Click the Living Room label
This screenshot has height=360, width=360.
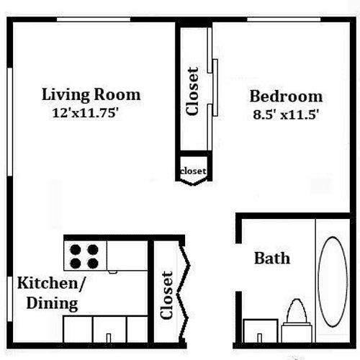pyautogui.click(x=91, y=95)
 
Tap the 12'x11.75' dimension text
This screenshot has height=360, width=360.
pyautogui.click(x=86, y=112)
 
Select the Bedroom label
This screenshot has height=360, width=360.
pyautogui.click(x=286, y=96)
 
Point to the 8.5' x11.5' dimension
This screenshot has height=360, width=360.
pyautogui.click(x=286, y=114)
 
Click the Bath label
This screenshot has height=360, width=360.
pyautogui.click(x=272, y=258)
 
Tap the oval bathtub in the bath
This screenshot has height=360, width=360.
pyautogui.click(x=333, y=282)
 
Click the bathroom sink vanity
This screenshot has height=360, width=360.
pyautogui.click(x=261, y=330)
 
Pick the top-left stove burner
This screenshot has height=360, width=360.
pyautogui.click(x=76, y=250)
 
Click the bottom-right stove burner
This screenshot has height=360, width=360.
pyautogui.click(x=93, y=264)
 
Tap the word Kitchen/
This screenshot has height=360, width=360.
pyautogui.click(x=51, y=284)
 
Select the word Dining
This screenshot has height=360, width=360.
pyautogui.click(x=52, y=304)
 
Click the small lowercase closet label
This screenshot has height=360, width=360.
pyautogui.click(x=193, y=171)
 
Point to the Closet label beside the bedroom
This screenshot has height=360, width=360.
pyautogui.click(x=192, y=91)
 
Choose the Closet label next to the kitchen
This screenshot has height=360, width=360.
pyautogui.click(x=166, y=295)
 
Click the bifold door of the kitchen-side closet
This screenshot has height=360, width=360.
pyautogui.click(x=184, y=292)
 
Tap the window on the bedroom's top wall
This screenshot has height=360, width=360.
pyautogui.click(x=284, y=19)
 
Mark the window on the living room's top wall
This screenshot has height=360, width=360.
pyautogui.click(x=94, y=19)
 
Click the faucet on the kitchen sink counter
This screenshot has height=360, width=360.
pyautogui.click(x=109, y=338)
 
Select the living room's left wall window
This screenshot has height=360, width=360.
pyautogui.click(x=9, y=122)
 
